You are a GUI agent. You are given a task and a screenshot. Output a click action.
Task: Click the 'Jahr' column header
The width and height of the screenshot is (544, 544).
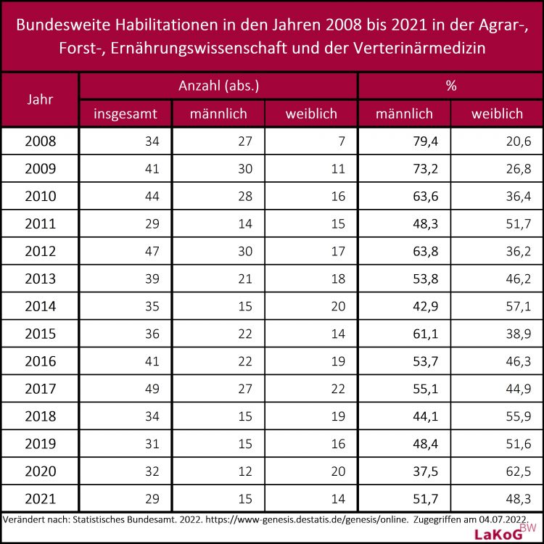[x=40, y=99]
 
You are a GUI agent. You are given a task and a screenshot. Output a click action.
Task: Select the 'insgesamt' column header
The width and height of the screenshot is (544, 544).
[x=125, y=114]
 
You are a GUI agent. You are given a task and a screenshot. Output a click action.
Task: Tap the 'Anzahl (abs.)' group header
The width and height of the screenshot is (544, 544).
[x=218, y=86]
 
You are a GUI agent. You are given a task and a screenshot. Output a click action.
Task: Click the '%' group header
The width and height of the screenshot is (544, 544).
[x=451, y=86]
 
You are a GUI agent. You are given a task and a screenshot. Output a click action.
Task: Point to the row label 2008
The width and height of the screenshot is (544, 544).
[x=40, y=141]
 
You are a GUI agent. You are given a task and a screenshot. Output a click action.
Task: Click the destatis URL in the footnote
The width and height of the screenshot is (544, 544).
[x=297, y=520]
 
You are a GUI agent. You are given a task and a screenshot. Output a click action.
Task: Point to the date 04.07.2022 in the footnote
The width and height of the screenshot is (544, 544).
[x=504, y=520]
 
